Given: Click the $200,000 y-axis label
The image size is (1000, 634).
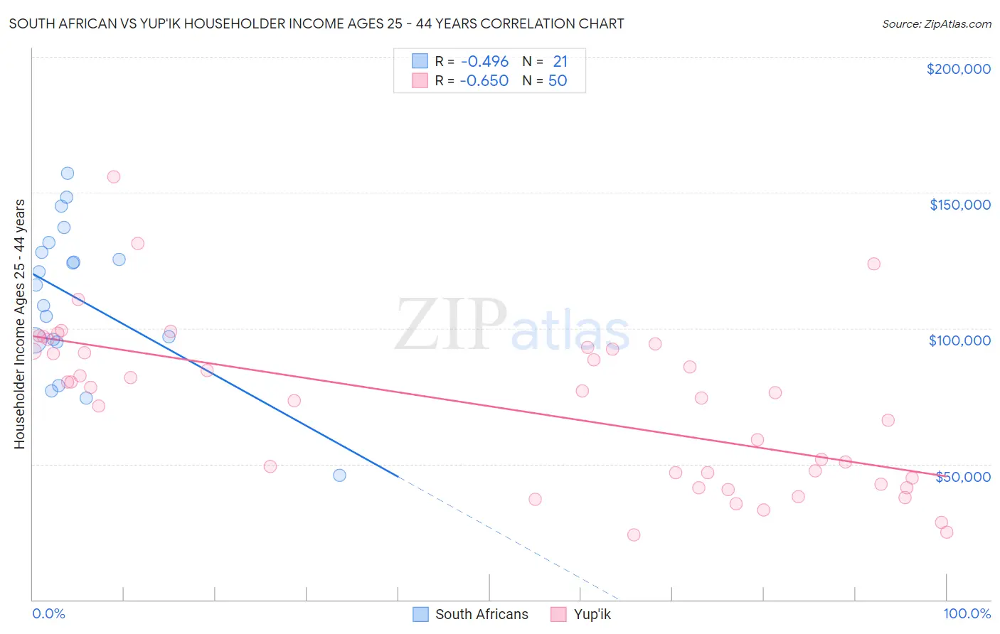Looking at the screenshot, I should [x=958, y=69].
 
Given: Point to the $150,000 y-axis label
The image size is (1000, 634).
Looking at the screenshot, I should [x=959, y=205].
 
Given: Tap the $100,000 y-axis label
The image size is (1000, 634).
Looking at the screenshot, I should [x=959, y=340].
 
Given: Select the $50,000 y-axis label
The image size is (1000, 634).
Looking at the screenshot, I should [x=962, y=476].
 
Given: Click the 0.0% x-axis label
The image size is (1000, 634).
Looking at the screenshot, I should [x=48, y=613].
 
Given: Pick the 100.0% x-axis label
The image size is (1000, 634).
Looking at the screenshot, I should [x=967, y=613].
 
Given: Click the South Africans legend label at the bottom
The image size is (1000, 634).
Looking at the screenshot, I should [x=482, y=614].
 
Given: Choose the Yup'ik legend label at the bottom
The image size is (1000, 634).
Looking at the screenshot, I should [x=592, y=614].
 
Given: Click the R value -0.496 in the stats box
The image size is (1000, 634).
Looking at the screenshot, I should [x=484, y=62].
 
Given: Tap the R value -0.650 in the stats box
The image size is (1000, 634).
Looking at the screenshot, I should [x=484, y=81].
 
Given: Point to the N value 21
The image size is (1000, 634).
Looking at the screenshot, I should [x=560, y=62].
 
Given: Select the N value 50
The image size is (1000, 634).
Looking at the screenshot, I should [x=558, y=81].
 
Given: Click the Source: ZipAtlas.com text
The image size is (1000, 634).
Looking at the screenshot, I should [x=936, y=24].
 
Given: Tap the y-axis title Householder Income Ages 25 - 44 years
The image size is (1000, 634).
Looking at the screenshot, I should [x=20, y=324].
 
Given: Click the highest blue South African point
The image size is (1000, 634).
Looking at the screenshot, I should [x=68, y=173].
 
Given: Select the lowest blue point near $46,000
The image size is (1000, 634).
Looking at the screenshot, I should [x=339, y=476].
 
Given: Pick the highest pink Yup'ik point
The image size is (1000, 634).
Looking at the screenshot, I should [x=114, y=177].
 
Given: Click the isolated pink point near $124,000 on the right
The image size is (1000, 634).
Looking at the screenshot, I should [x=874, y=264].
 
